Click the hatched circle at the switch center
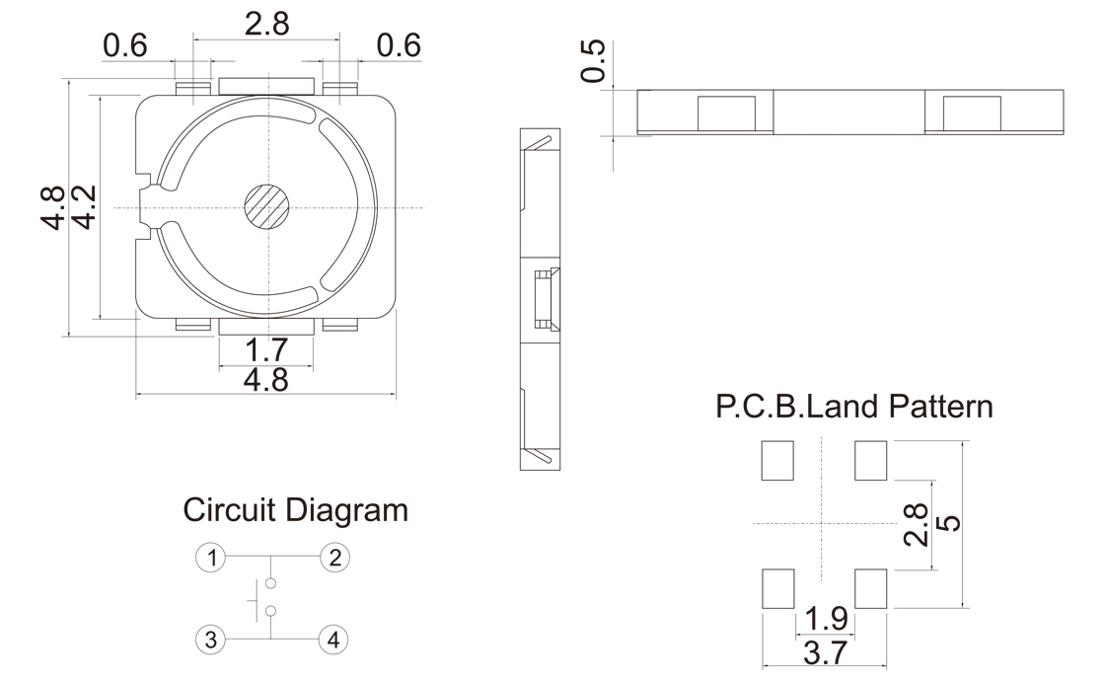[x=267, y=207]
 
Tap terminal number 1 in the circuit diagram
[x=211, y=558]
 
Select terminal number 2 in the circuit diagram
[x=334, y=558]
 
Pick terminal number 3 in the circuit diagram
[x=211, y=641]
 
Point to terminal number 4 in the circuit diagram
[x=333, y=641]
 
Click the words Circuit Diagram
[x=295, y=510]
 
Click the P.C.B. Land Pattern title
[x=854, y=407]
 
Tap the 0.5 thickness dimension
[x=593, y=61]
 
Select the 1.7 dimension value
[x=266, y=349]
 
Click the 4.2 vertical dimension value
[x=85, y=207]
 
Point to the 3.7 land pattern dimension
[x=825, y=653]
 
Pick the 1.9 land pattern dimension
[x=826, y=619]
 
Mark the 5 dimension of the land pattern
[x=951, y=523]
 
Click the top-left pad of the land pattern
[x=777, y=460]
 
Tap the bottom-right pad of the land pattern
[x=870, y=588]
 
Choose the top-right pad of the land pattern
[x=870, y=460]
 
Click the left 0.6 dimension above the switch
[x=125, y=46]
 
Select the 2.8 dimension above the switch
[x=267, y=24]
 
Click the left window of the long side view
[x=726, y=113]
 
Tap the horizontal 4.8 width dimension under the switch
[x=266, y=380]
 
